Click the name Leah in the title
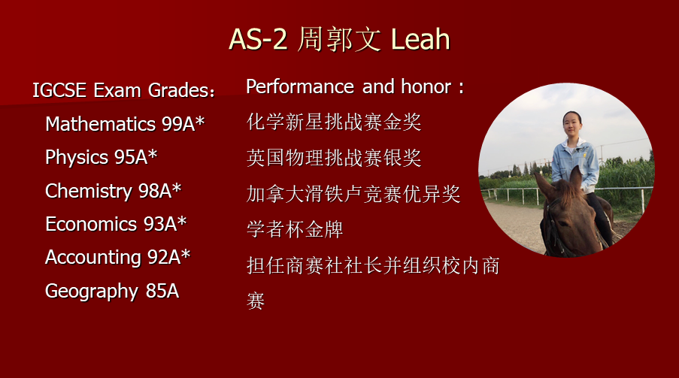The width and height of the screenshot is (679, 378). (x=420, y=39)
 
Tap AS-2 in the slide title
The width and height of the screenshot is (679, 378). (x=258, y=39)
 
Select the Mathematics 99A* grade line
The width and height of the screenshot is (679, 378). (x=125, y=124)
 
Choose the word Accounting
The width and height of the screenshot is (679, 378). (x=93, y=257)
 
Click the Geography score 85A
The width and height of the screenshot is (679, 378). (x=162, y=291)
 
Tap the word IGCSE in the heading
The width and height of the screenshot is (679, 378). (x=59, y=90)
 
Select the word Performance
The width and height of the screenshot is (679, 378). (x=300, y=86)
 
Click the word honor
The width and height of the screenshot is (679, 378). (x=426, y=86)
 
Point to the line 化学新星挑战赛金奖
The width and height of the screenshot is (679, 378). (x=334, y=122)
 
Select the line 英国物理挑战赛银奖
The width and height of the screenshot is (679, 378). (x=334, y=158)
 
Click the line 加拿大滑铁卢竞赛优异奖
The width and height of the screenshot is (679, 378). (x=353, y=194)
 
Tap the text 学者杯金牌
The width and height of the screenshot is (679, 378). (x=295, y=229)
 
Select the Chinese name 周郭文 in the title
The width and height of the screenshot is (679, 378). (x=339, y=39)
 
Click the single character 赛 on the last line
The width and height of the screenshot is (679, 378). (x=256, y=301)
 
